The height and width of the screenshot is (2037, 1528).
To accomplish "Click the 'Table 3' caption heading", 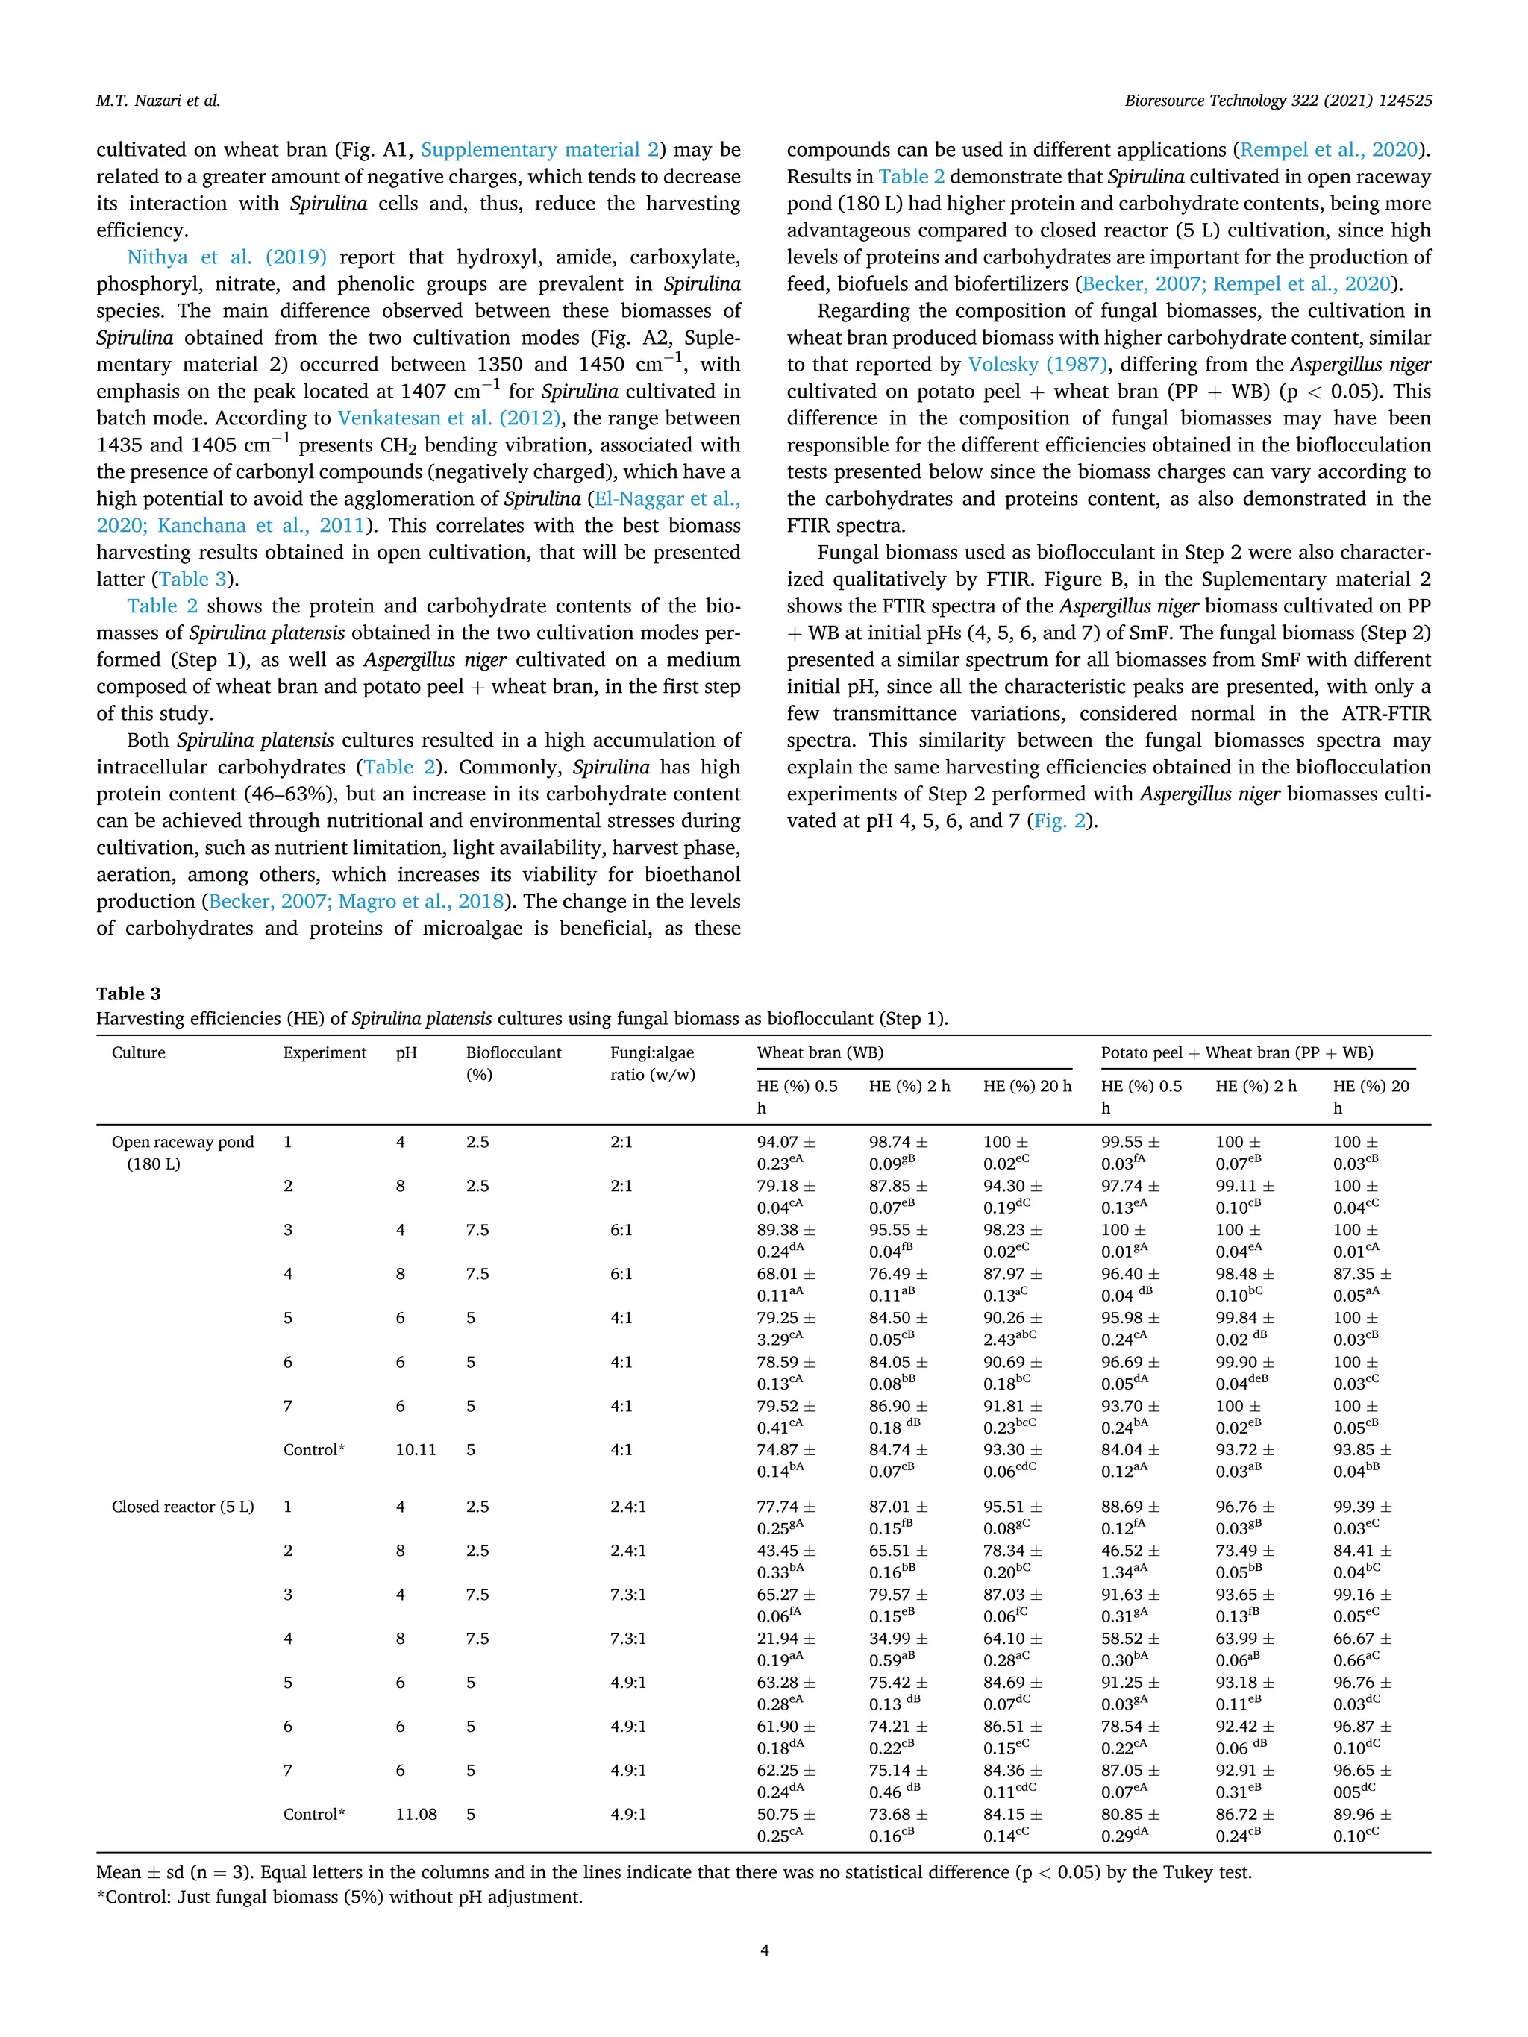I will click(128, 994).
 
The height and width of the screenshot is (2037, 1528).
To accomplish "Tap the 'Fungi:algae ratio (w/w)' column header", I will click(652, 1063).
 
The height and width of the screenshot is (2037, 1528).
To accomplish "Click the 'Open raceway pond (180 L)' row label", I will click(182, 1152).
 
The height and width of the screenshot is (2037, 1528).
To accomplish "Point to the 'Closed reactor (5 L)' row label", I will click(182, 1507).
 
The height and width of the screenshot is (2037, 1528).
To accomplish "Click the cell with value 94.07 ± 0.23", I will click(786, 1152).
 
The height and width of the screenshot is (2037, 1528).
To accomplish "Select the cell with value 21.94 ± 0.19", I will click(786, 1648).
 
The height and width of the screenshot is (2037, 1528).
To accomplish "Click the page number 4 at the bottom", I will click(763, 1950).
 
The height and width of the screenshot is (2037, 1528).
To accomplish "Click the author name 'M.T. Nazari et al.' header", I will click(157, 101).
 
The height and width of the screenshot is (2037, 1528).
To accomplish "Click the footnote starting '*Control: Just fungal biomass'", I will click(339, 1897).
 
